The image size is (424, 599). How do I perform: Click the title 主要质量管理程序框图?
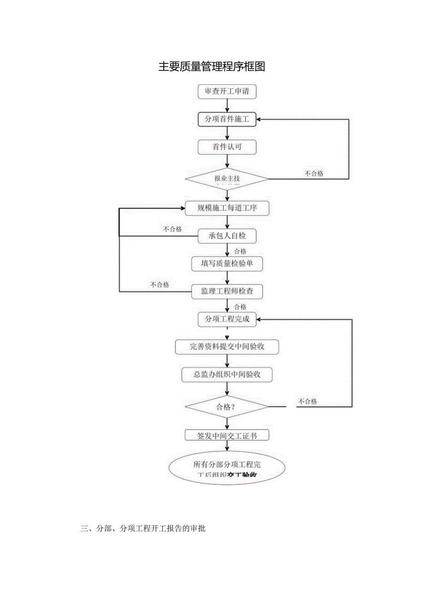[x=212, y=67]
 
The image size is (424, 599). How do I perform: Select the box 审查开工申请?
[x=227, y=92]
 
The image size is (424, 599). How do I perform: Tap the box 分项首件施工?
[x=227, y=120]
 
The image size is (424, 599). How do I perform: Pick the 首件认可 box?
[x=227, y=147]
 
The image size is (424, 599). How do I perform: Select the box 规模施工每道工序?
[x=227, y=208]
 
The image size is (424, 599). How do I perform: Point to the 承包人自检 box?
[x=227, y=236]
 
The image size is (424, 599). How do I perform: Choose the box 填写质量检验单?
[x=227, y=263]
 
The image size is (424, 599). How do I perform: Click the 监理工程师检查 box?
[x=227, y=291]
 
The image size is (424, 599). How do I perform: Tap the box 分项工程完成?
[x=227, y=319]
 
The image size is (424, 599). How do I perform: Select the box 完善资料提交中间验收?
[x=227, y=347]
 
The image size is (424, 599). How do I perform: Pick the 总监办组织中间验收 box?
[x=227, y=374]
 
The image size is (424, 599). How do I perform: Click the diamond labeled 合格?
[x=227, y=407]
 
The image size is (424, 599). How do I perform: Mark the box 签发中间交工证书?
[x=227, y=435]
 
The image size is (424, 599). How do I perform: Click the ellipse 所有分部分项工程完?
[x=227, y=468]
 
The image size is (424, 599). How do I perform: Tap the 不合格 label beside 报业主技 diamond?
[x=314, y=174]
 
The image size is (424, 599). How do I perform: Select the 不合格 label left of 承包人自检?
[x=172, y=229]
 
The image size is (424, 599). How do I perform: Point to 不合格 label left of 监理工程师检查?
[x=159, y=285]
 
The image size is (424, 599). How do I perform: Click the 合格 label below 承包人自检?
[x=240, y=251]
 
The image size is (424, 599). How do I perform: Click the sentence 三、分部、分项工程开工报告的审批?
[x=143, y=529]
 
